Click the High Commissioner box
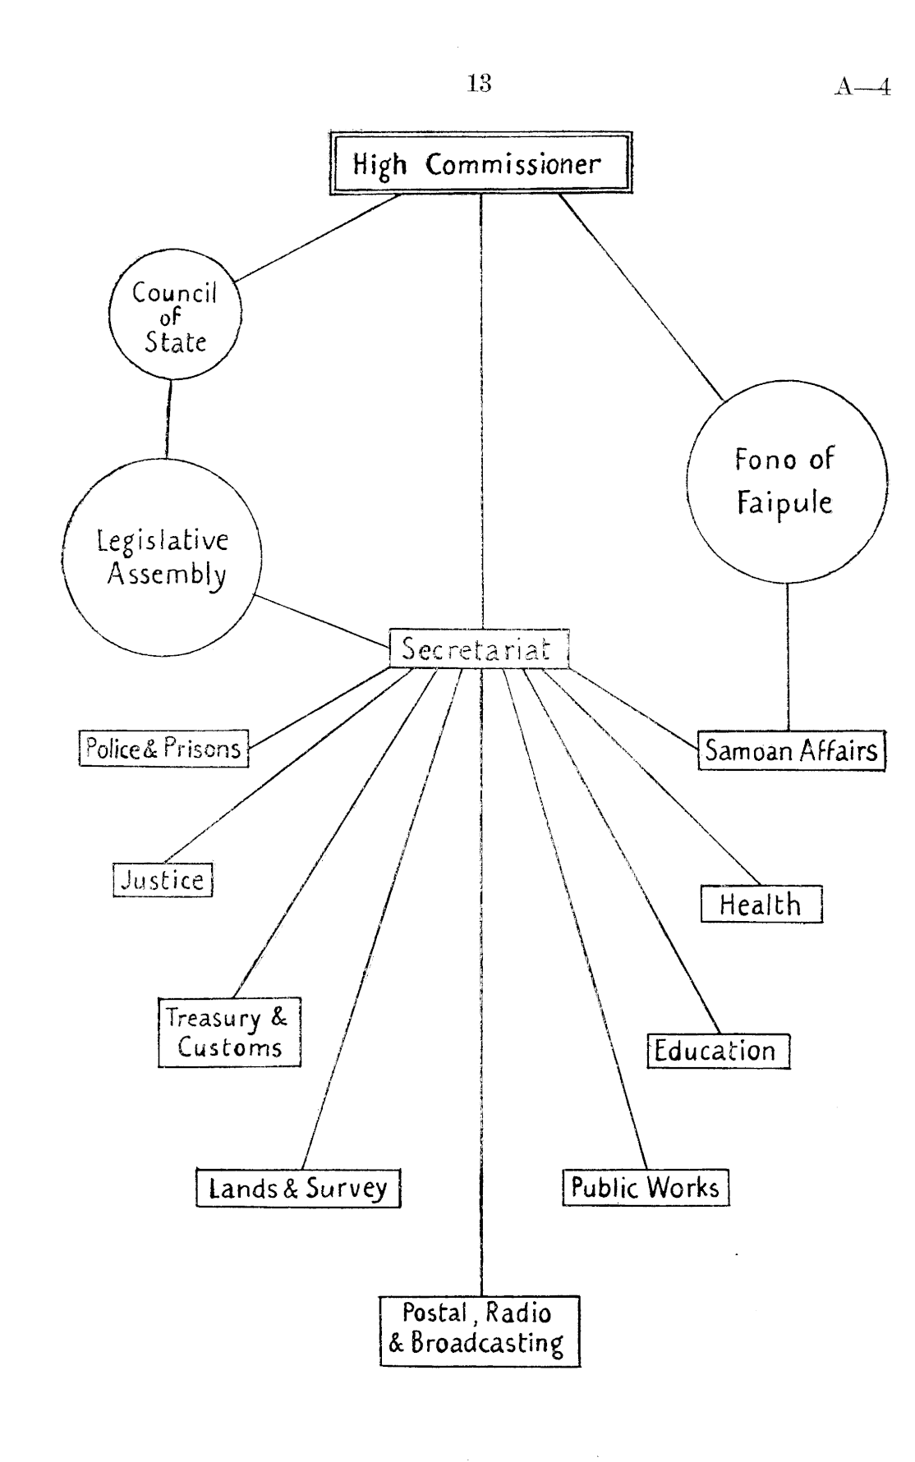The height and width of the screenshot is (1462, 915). (480, 163)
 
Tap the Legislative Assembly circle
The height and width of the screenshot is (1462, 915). (162, 557)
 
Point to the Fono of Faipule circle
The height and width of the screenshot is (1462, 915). (786, 480)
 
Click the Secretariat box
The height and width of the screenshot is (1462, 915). (478, 649)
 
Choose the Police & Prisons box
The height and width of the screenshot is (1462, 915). (163, 748)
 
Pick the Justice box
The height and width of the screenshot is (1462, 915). (163, 880)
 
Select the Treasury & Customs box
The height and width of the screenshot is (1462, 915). (229, 1032)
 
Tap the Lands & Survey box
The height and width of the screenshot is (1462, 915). (298, 1188)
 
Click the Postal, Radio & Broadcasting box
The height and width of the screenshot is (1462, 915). (480, 1331)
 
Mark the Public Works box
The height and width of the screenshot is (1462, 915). (646, 1188)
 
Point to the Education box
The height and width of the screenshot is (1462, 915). (717, 1051)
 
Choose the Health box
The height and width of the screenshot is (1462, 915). (761, 905)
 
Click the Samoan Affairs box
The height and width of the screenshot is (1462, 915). (792, 750)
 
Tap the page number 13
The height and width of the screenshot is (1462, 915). (479, 83)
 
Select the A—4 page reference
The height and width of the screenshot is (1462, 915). (862, 86)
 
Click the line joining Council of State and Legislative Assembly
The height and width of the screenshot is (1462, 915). (168, 419)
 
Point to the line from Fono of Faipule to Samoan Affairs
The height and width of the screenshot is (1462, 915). (789, 657)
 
